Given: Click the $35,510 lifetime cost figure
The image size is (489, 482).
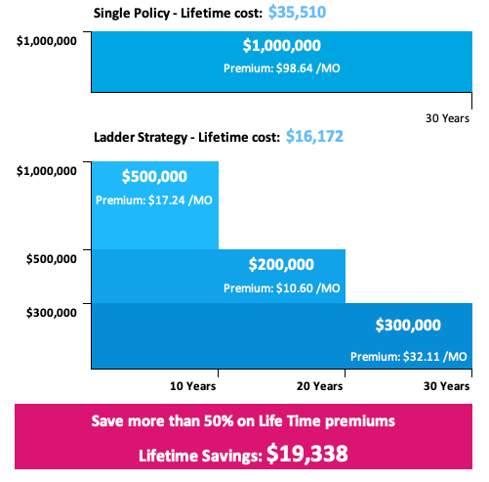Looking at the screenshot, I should tap(297, 13).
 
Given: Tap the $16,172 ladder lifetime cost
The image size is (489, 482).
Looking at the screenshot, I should tap(314, 137).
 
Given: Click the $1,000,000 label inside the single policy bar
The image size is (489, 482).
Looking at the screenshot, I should tap(281, 46).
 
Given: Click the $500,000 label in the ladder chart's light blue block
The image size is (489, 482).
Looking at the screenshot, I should tap(154, 178).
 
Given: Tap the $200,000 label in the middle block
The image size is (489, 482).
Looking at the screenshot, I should tap(281, 264).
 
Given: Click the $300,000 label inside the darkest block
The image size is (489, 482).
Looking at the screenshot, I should tap(408, 326).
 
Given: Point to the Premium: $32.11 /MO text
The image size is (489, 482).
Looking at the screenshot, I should tap(408, 356).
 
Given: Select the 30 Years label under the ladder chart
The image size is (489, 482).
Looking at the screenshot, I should tap(448, 386).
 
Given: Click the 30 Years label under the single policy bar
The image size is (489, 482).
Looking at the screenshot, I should tap(448, 117).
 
